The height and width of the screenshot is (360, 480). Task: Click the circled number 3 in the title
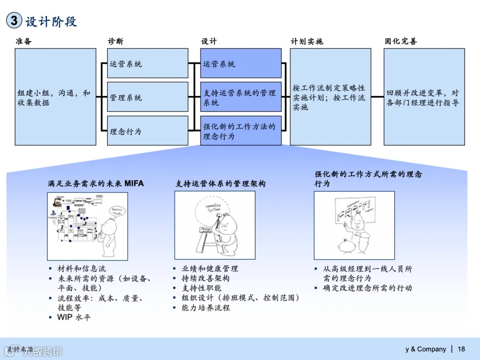14,20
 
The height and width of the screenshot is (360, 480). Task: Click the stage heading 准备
24,41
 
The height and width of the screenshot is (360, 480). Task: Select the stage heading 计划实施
307,41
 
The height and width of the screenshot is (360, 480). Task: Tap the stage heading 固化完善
401,41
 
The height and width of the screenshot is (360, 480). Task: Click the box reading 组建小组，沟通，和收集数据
56,97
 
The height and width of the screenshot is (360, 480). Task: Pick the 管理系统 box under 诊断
148,97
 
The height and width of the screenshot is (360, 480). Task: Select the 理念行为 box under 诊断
148,131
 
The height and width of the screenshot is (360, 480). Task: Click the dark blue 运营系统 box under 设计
241,64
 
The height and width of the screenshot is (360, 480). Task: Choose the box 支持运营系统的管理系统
241,97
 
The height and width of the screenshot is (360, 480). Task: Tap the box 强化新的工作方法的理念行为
241,131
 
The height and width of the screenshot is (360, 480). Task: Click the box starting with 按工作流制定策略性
330,97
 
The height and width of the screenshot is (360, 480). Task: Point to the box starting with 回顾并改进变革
424,97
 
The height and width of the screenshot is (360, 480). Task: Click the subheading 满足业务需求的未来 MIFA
96,183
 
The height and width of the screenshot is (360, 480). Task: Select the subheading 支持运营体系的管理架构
220,183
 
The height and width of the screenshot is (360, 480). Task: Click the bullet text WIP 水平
74,317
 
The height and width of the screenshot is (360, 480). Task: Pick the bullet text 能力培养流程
206,308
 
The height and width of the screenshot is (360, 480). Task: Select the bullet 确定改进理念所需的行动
367,288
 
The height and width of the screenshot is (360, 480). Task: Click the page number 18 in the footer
461,349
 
